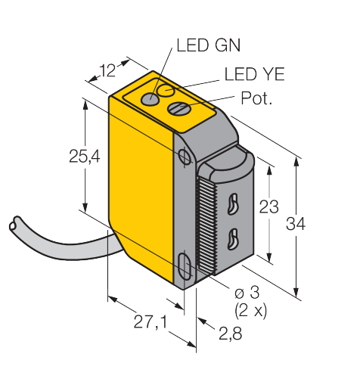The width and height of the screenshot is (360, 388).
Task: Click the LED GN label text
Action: [x=209, y=45]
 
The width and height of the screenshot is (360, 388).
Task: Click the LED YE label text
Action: [x=254, y=74]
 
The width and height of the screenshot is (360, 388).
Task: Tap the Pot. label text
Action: [x=256, y=98]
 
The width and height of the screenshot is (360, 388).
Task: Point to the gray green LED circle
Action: [x=150, y=99]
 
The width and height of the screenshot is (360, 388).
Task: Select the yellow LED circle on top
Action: [x=166, y=90]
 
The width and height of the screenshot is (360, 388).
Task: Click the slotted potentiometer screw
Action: [x=179, y=108]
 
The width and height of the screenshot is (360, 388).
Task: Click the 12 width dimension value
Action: [x=107, y=71]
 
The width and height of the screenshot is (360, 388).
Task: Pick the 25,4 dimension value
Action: [x=85, y=157]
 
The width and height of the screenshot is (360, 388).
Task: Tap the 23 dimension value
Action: [x=269, y=206]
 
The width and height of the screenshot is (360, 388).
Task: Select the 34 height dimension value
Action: [x=296, y=223]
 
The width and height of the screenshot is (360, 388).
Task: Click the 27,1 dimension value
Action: [x=151, y=322]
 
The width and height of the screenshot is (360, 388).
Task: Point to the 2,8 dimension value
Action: [x=230, y=334]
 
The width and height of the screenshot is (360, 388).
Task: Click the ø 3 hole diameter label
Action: [x=247, y=293]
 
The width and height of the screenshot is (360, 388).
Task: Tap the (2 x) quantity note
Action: [x=250, y=311]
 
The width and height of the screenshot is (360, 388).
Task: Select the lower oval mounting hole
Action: [x=185, y=267]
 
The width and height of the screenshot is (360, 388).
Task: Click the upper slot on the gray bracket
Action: [x=232, y=204]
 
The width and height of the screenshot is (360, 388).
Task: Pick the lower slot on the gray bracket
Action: [x=232, y=240]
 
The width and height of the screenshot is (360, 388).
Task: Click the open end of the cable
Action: [x=14, y=223]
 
